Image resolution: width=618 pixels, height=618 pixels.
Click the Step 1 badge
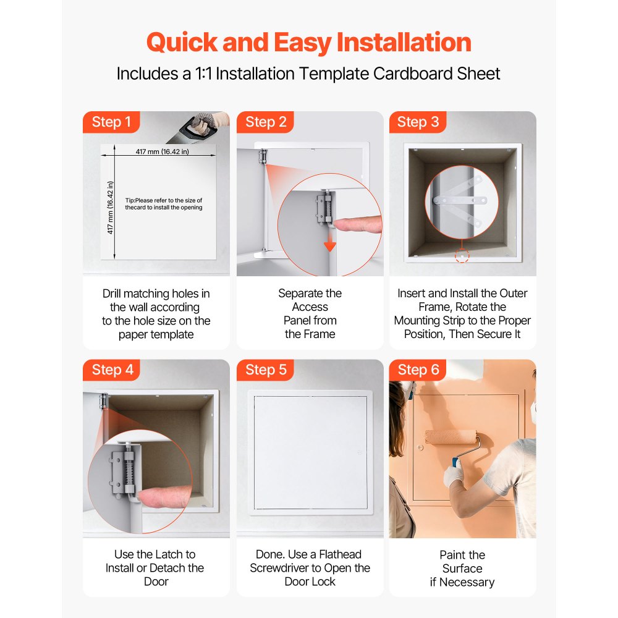111,122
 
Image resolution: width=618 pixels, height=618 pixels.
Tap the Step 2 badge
265,122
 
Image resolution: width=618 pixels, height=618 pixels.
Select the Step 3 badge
418,122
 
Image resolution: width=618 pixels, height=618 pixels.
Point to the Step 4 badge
111,370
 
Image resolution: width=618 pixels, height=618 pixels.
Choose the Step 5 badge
265,370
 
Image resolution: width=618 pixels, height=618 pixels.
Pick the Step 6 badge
418,370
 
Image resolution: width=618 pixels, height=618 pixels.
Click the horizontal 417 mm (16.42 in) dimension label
163,151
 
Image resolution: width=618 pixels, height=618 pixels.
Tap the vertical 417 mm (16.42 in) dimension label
111,207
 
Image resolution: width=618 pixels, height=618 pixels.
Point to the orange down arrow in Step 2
330,241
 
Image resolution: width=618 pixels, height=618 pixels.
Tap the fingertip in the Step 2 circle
357,224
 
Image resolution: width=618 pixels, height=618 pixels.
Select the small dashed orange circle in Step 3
462,256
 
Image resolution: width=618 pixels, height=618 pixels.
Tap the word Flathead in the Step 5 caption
340,554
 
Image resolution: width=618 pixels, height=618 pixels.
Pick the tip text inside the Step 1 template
164,204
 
